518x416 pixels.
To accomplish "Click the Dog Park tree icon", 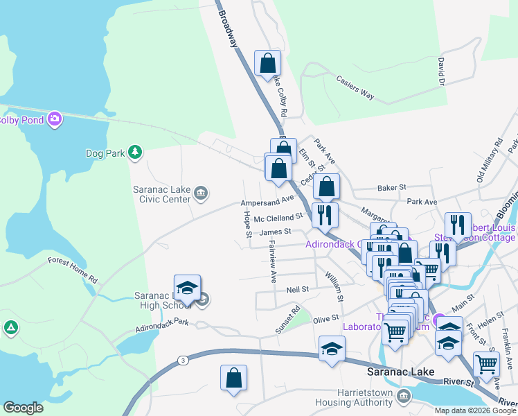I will point(136,152).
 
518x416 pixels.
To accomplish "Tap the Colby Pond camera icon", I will point(56,120).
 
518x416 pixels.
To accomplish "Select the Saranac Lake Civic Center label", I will point(161,193).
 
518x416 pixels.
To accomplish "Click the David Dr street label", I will point(440,71).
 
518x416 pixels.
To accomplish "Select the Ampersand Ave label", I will point(267,202).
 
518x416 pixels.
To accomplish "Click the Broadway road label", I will point(228,28).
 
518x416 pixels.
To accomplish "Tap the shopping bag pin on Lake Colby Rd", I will point(267,63).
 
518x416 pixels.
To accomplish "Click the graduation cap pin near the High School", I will point(186,287).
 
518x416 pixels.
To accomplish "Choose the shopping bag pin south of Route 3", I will point(233,378).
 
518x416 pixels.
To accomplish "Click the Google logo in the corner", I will point(23,408).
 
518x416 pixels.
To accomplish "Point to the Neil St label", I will point(296,287).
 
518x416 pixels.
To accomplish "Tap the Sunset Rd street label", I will point(287,320).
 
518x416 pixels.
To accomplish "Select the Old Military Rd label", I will point(489,162).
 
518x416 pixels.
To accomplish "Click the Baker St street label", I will point(392,187).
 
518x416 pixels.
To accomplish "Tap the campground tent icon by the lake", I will point(10,327).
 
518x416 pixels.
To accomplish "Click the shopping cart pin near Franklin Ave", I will point(486,363).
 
